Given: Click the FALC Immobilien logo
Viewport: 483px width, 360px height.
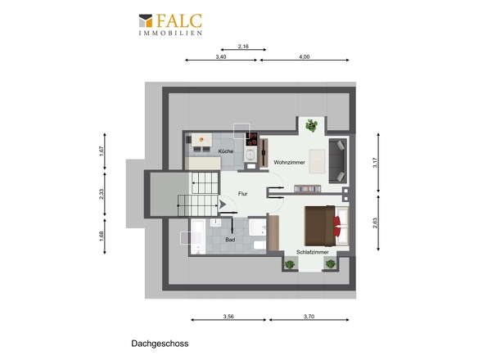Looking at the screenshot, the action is (170, 25).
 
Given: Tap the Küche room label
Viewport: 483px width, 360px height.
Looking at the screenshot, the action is (226, 151).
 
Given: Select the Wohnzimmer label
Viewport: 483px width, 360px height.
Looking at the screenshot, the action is (289, 162).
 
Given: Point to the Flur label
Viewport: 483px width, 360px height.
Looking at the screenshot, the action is (243, 194).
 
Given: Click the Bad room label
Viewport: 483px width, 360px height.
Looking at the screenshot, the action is (230, 240).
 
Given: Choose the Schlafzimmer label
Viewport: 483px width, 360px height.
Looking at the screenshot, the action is (313, 252).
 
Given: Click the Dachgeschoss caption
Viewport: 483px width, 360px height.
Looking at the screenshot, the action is (160, 344).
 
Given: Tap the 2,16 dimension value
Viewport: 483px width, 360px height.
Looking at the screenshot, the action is (243, 47).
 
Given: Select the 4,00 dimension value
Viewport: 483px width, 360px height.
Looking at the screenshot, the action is (305, 57).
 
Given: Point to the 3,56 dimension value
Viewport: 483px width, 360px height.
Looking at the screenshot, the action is (228, 317).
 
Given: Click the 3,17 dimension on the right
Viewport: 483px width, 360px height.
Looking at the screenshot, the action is (375, 163).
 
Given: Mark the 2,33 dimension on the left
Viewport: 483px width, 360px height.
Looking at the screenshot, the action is (102, 194).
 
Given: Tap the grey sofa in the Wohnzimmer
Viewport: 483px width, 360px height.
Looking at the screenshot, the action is (338, 160).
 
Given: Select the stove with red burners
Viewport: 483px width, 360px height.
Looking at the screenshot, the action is (251, 139).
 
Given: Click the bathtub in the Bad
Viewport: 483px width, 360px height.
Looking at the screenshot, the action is (198, 236).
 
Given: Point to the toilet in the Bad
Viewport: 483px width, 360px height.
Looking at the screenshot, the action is (260, 245).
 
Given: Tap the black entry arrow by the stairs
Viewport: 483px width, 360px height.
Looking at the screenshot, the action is (223, 205).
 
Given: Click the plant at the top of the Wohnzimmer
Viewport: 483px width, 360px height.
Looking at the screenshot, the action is (312, 126).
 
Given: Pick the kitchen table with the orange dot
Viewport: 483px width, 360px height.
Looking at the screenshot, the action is (201, 140).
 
